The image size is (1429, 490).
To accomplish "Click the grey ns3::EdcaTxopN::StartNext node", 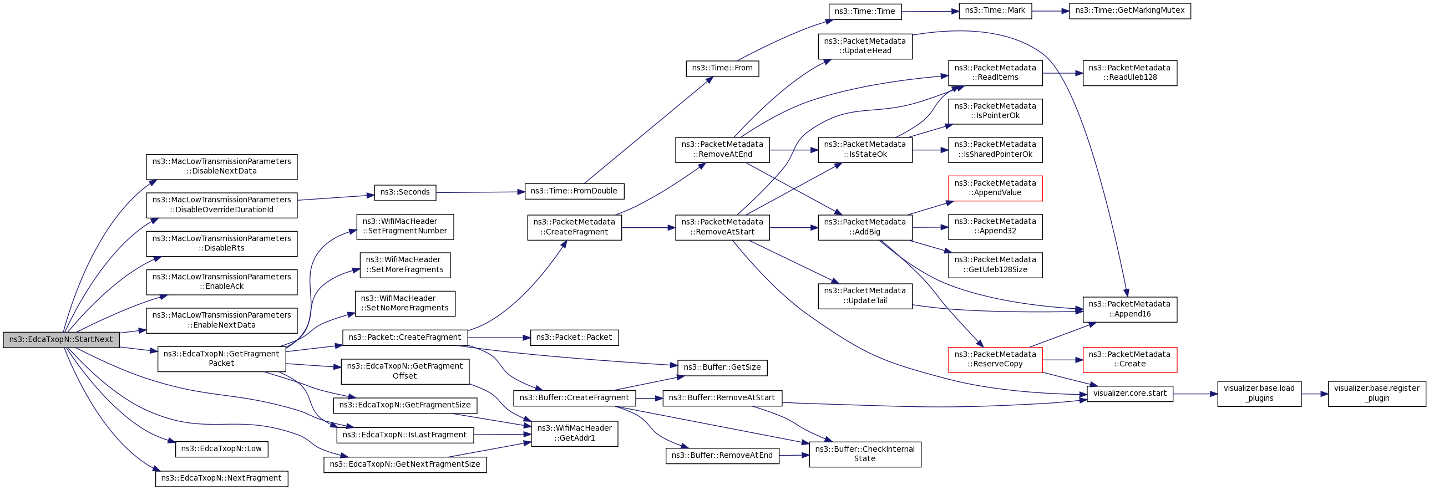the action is [x=61, y=340].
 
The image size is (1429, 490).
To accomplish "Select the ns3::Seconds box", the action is [x=405, y=192].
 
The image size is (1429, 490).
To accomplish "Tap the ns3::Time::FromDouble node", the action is [x=574, y=191].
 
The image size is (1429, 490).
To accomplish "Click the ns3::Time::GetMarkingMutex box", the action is [x=1129, y=11].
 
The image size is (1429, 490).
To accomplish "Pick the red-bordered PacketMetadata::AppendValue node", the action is [x=995, y=188].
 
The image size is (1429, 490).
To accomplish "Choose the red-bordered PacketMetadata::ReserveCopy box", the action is [x=995, y=360].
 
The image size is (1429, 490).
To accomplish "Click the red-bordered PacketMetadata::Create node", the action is [x=1129, y=360].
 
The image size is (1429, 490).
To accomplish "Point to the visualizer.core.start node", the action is [x=1130, y=394].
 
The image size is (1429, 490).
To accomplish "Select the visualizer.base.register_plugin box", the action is [x=1377, y=394].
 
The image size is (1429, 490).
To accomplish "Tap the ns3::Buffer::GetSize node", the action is [x=722, y=368].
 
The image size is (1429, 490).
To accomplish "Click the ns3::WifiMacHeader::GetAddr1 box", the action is [x=575, y=433].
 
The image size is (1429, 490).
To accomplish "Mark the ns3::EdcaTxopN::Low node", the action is [x=222, y=449].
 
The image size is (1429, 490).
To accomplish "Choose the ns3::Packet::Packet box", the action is [x=574, y=338].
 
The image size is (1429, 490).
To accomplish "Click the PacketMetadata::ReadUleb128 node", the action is [x=1129, y=73].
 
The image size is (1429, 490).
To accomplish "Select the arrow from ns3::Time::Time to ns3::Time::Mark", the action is [x=930, y=11].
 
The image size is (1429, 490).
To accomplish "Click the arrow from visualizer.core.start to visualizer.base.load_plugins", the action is [x=1195, y=394].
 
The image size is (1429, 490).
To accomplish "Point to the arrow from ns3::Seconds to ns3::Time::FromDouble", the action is [x=480, y=192].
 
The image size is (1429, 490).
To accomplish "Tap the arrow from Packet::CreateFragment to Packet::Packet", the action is [x=499, y=338].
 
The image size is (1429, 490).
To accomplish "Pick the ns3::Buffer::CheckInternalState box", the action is [x=865, y=455].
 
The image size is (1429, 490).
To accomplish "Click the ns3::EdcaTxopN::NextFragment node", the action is [x=222, y=478].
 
